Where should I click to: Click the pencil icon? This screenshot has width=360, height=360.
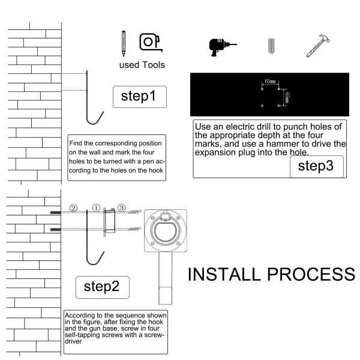pyautogui.click(x=124, y=43)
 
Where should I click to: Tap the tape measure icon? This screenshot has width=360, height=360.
pyautogui.click(x=151, y=42)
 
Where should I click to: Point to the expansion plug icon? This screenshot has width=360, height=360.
pyautogui.click(x=271, y=46)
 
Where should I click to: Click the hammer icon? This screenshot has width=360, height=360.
pyautogui.click(x=318, y=46)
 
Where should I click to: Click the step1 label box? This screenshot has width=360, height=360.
pyautogui.click(x=140, y=97)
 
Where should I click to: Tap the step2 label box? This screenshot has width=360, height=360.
pyautogui.click(x=103, y=287)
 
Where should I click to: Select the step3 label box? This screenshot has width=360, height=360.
pyautogui.click(x=317, y=166)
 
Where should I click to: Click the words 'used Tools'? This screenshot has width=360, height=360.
pyautogui.click(x=142, y=65)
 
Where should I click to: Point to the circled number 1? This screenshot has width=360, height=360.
pyautogui.click(x=96, y=208)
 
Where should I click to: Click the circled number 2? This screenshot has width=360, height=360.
pyautogui.click(x=73, y=208)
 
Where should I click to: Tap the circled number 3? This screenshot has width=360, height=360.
pyautogui.click(x=121, y=208)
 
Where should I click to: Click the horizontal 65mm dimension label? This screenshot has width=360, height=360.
pyautogui.click(x=270, y=82)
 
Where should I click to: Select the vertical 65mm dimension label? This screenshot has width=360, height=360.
pyautogui.click(x=287, y=98)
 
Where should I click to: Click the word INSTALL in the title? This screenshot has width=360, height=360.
pyautogui.click(x=224, y=274)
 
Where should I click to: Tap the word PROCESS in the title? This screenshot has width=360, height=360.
pyautogui.click(x=311, y=274)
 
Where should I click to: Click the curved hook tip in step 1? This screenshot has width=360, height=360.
pyautogui.click(x=103, y=112)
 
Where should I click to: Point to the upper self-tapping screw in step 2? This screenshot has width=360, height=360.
pyautogui.click(x=134, y=211)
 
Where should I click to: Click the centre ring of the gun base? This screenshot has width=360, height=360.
pyautogui.click(x=166, y=230)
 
